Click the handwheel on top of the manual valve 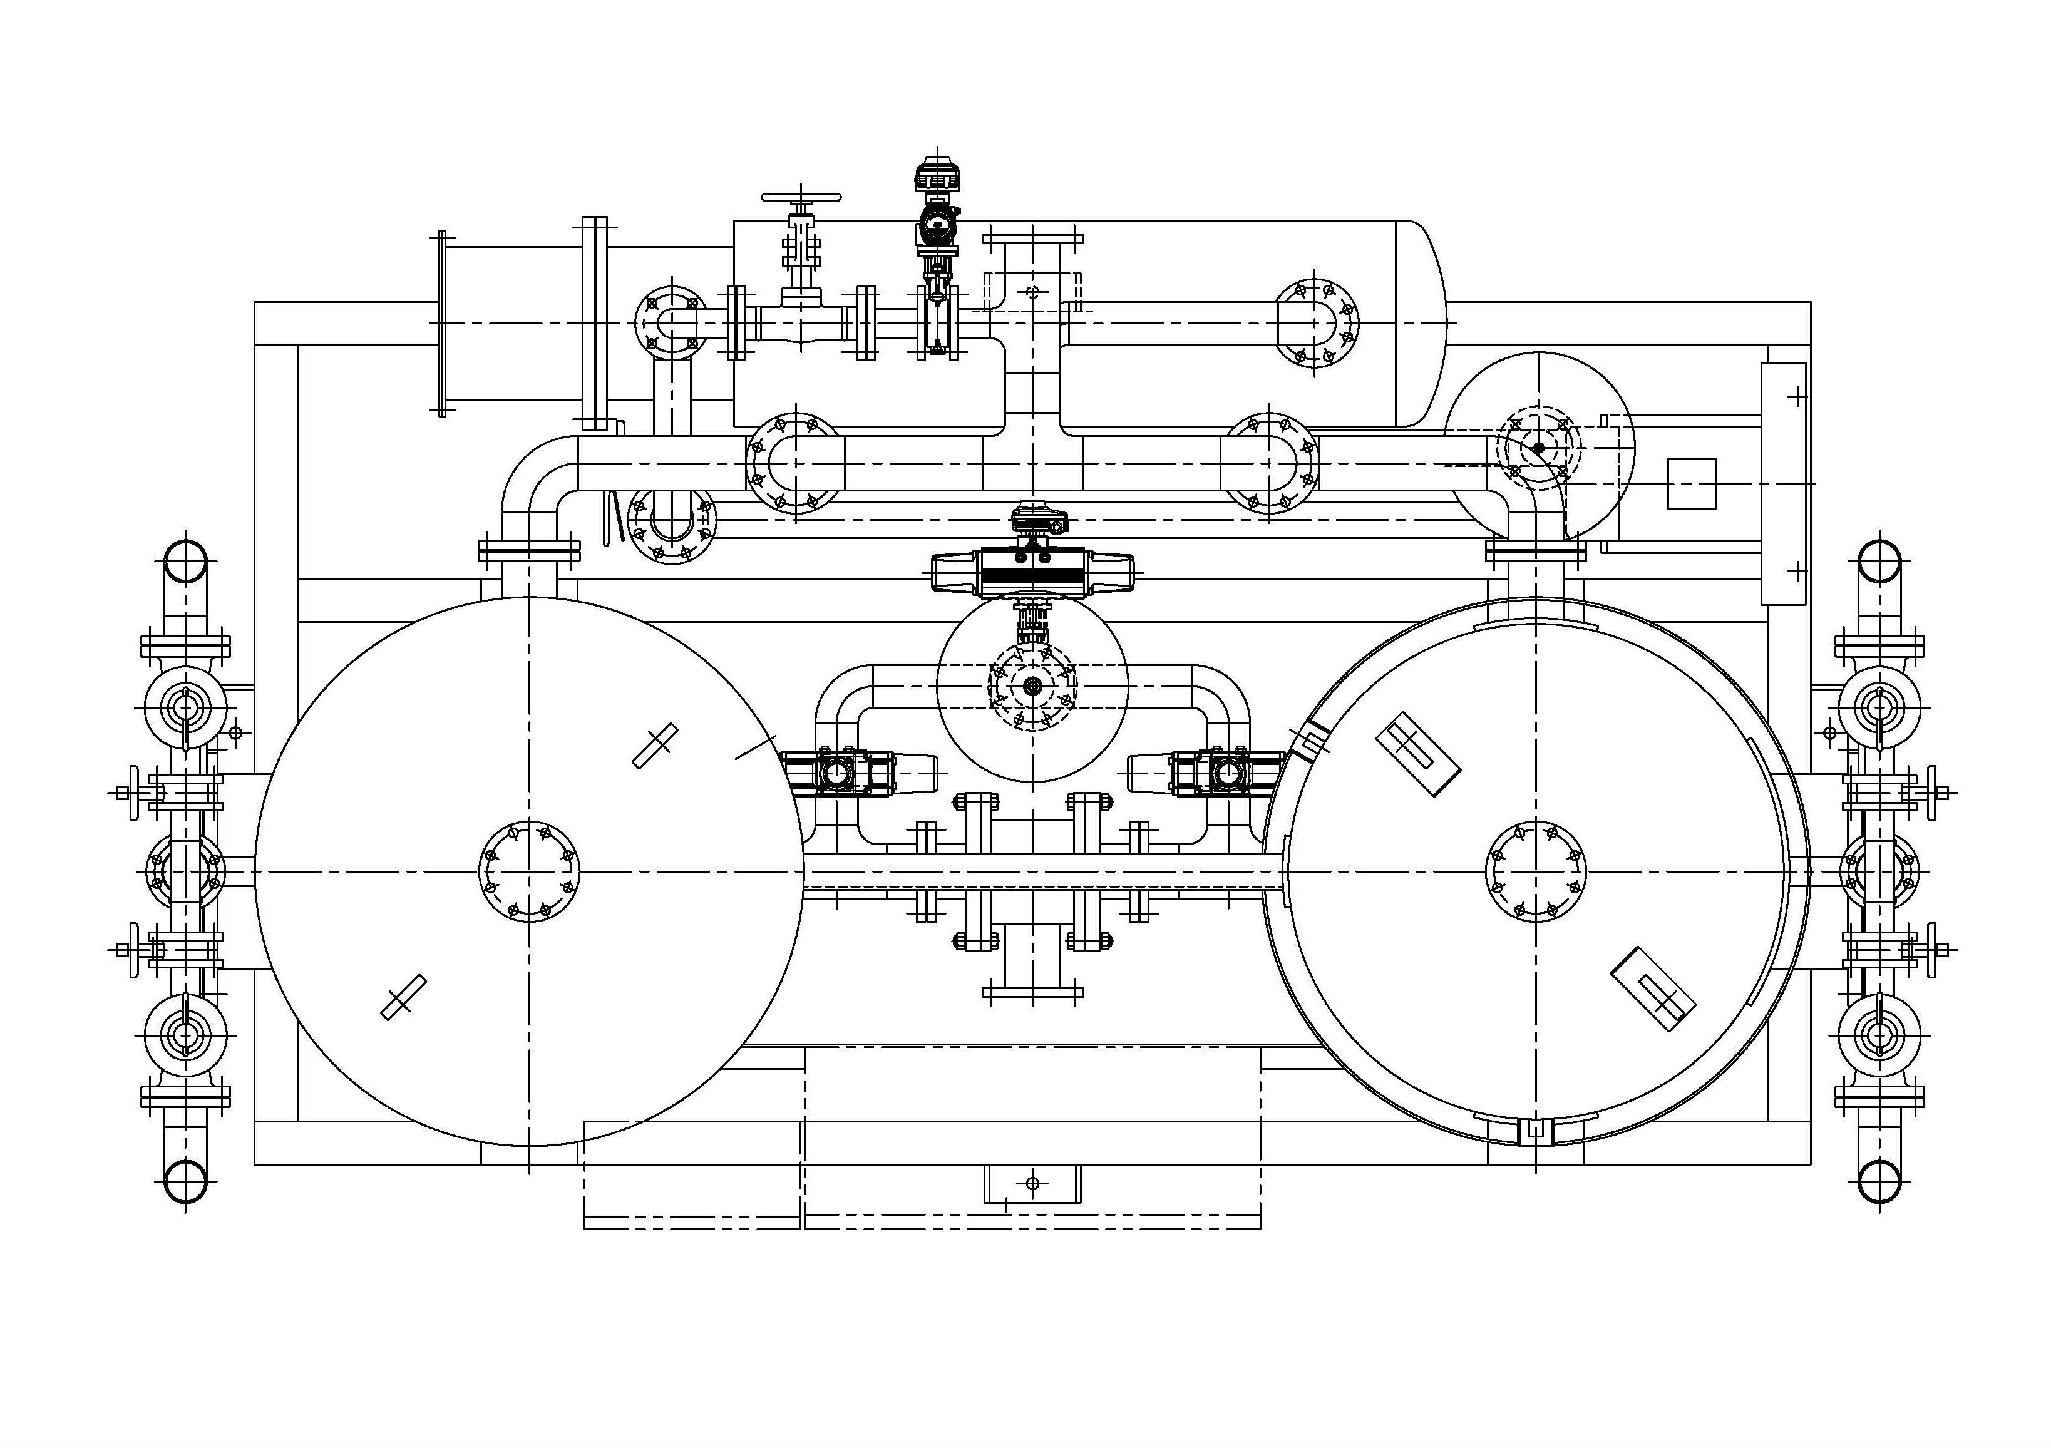coord(801,197)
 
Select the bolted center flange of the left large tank coord(530,871)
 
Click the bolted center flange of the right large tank coord(1536,871)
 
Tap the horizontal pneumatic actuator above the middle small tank coord(1032,572)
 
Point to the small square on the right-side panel coord(1692,484)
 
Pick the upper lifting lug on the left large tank coord(655,745)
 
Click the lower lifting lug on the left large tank coord(403,998)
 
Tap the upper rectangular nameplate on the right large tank coord(1417,754)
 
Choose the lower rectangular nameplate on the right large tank coord(1653,989)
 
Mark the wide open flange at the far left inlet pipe coord(441,324)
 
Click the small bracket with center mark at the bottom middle coord(1032,1184)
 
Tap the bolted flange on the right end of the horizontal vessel coord(1314,324)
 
